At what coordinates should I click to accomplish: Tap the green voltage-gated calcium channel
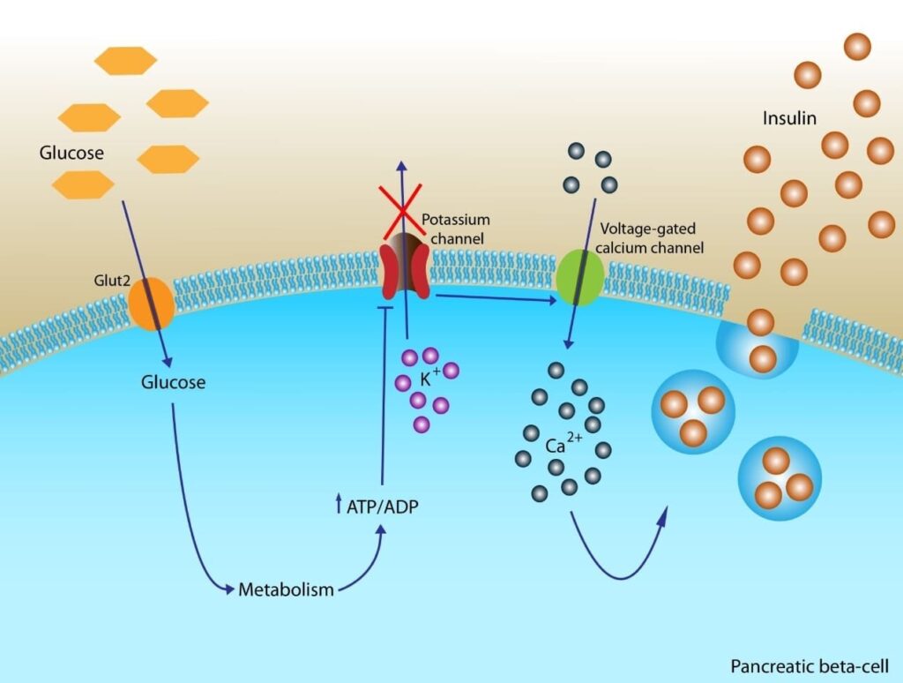[x=580, y=276]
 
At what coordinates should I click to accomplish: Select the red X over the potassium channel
[x=401, y=212]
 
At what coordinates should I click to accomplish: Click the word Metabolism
[x=287, y=589]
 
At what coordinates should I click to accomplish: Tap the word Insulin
[x=790, y=117]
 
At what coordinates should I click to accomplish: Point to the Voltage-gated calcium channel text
[x=650, y=238]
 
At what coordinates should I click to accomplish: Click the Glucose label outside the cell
[x=71, y=153]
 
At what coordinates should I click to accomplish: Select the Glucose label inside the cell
[x=173, y=382]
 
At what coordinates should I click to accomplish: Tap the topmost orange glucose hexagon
[x=125, y=60]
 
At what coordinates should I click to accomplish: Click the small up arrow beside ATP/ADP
[x=339, y=507]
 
